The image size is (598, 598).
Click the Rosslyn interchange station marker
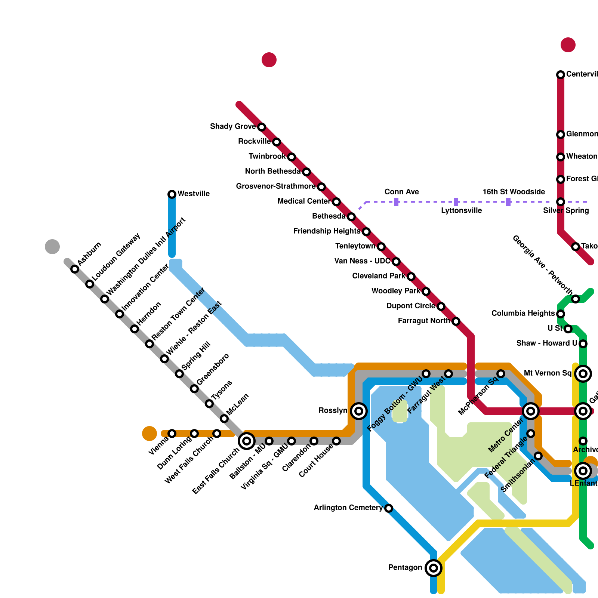359,411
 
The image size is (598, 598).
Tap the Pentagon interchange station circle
434,568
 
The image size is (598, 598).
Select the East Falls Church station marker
247,441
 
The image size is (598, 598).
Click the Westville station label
193,194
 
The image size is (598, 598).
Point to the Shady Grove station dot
262,127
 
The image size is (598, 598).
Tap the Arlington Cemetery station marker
389,508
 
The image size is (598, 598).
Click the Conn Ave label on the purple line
401,192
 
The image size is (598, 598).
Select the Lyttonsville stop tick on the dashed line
456,202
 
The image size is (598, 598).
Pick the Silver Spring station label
566,211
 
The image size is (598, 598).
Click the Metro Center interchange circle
531,411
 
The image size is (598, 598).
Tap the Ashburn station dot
75,269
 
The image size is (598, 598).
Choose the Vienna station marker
172,434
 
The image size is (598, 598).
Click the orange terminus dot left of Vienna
149,434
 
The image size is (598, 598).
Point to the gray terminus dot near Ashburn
52,247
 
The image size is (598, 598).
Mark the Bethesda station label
329,216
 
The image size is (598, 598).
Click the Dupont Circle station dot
441,306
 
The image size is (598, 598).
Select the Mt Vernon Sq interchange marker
583,374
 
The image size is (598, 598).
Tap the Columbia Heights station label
523,313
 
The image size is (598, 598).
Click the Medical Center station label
303,201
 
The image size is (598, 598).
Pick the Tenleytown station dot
381,247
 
